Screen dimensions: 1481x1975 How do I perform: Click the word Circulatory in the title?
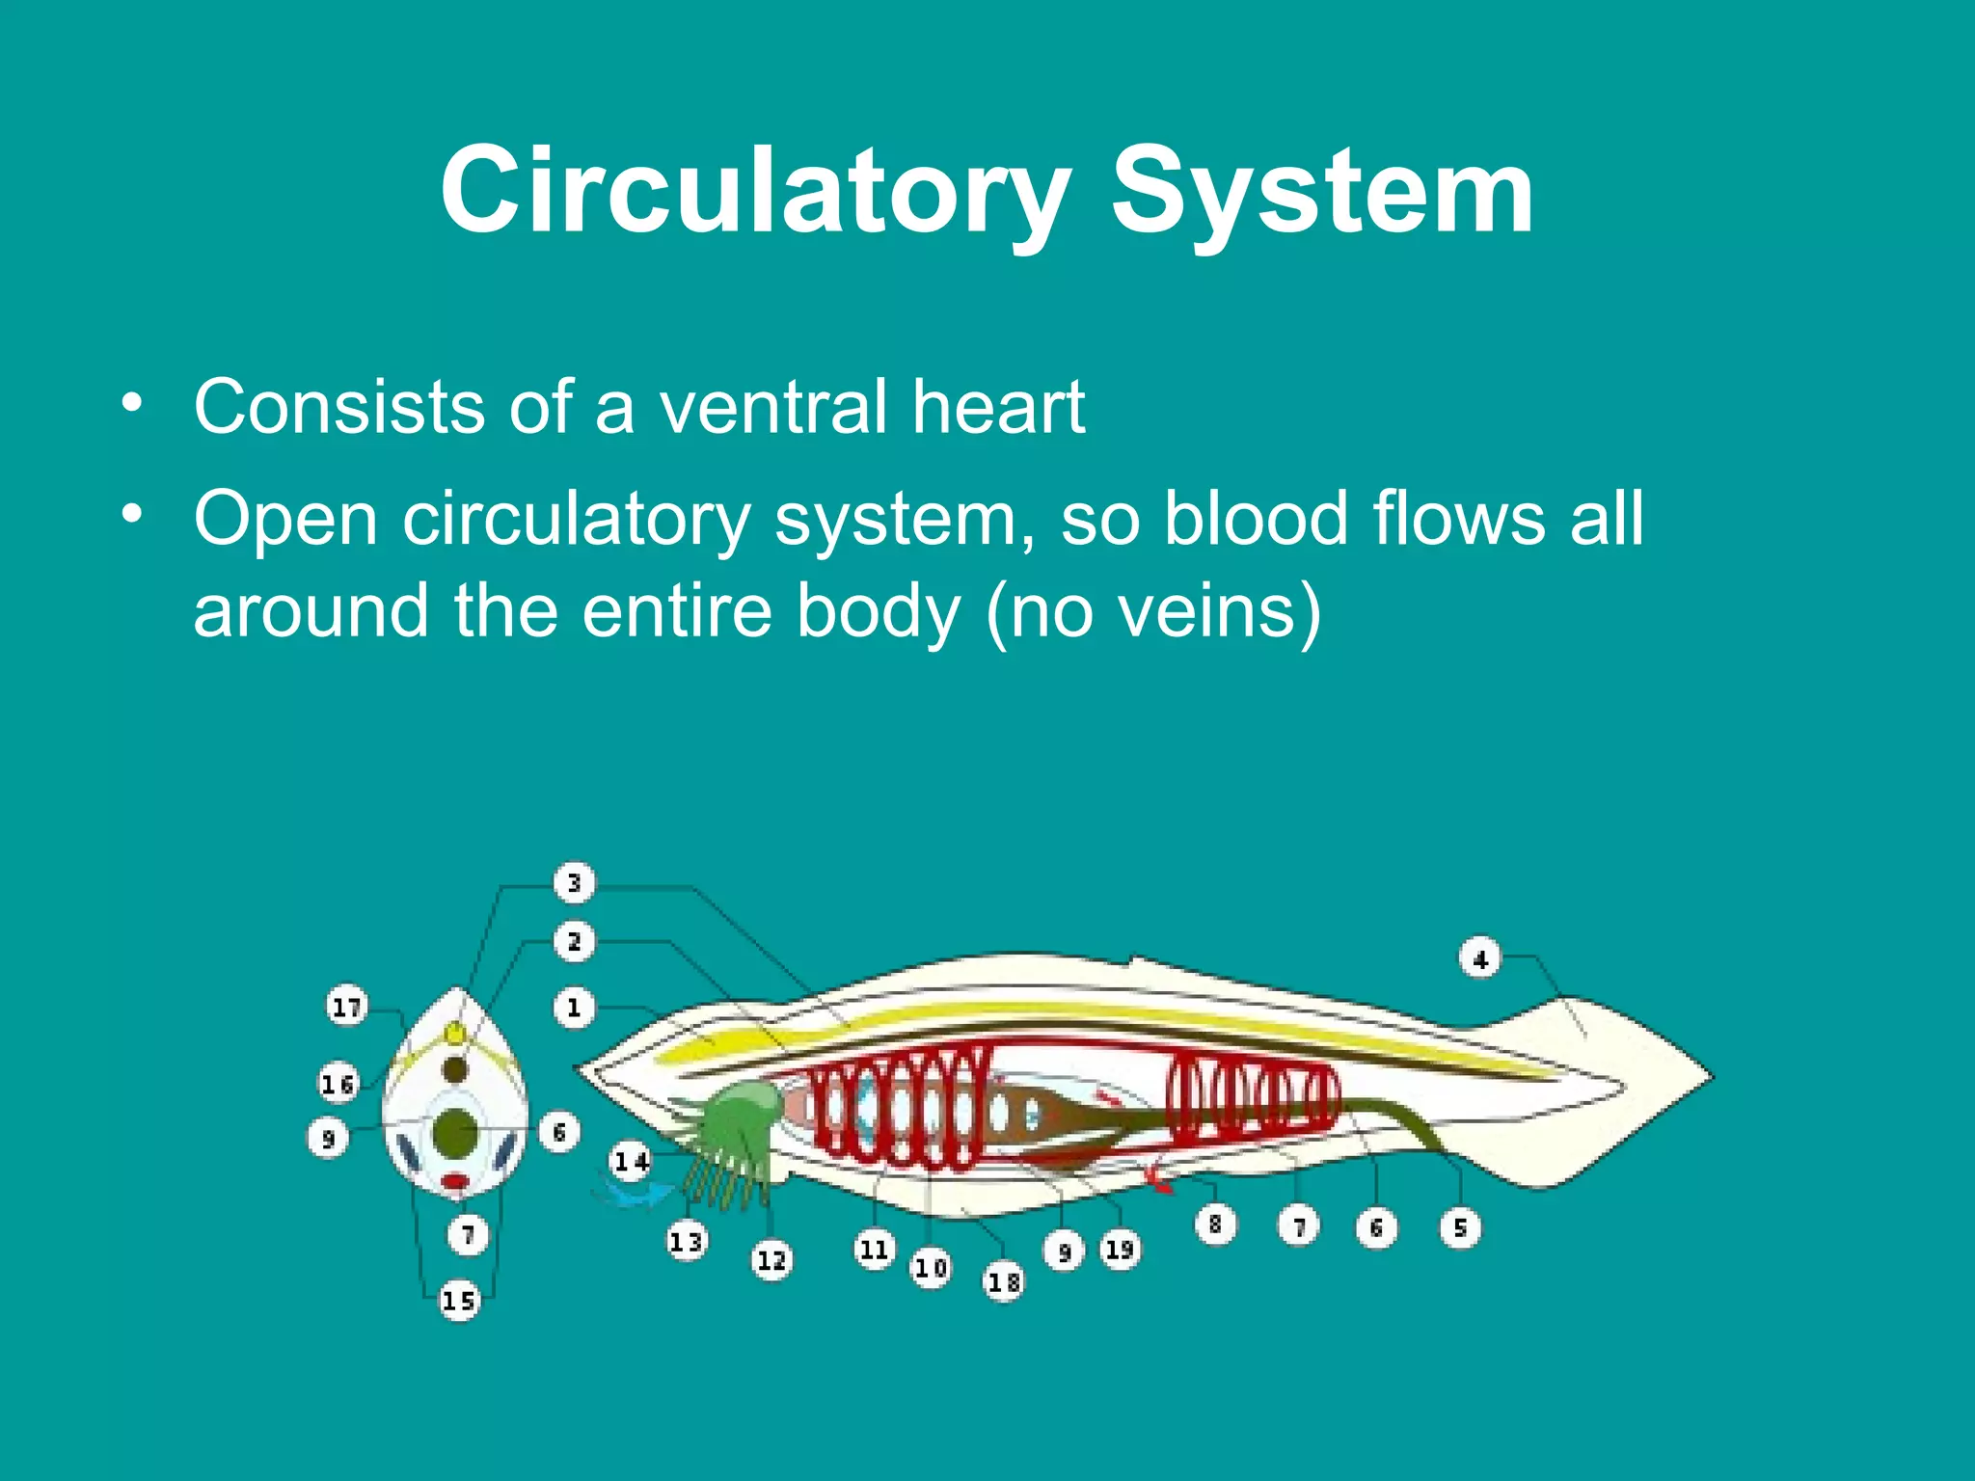pyautogui.click(x=755, y=190)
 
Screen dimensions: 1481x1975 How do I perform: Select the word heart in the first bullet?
pyautogui.click(x=998, y=407)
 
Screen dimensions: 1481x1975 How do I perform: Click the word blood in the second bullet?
pyautogui.click(x=1256, y=519)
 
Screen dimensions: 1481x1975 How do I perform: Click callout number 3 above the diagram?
pyautogui.click(x=574, y=882)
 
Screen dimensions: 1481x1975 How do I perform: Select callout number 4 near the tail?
pyautogui.click(x=1479, y=959)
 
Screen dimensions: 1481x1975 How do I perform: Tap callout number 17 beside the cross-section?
pyautogui.click(x=346, y=1007)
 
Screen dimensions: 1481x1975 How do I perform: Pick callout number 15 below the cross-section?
pyautogui.click(x=459, y=1301)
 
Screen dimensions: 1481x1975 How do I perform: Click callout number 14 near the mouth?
pyautogui.click(x=632, y=1161)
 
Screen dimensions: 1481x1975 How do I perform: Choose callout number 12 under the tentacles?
pyautogui.click(x=771, y=1260)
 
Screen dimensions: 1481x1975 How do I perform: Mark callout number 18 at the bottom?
pyautogui.click(x=1003, y=1281)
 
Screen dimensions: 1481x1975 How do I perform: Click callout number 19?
pyautogui.click(x=1119, y=1250)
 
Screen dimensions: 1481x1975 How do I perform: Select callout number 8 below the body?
pyautogui.click(x=1215, y=1225)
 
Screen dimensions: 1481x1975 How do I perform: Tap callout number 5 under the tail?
pyautogui.click(x=1460, y=1227)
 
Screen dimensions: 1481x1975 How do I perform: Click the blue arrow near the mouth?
pyautogui.click(x=636, y=1195)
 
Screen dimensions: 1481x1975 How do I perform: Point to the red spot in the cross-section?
pyautogui.click(x=455, y=1181)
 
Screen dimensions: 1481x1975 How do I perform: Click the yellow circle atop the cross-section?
pyautogui.click(x=454, y=1035)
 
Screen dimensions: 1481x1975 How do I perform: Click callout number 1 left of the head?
pyautogui.click(x=574, y=1009)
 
